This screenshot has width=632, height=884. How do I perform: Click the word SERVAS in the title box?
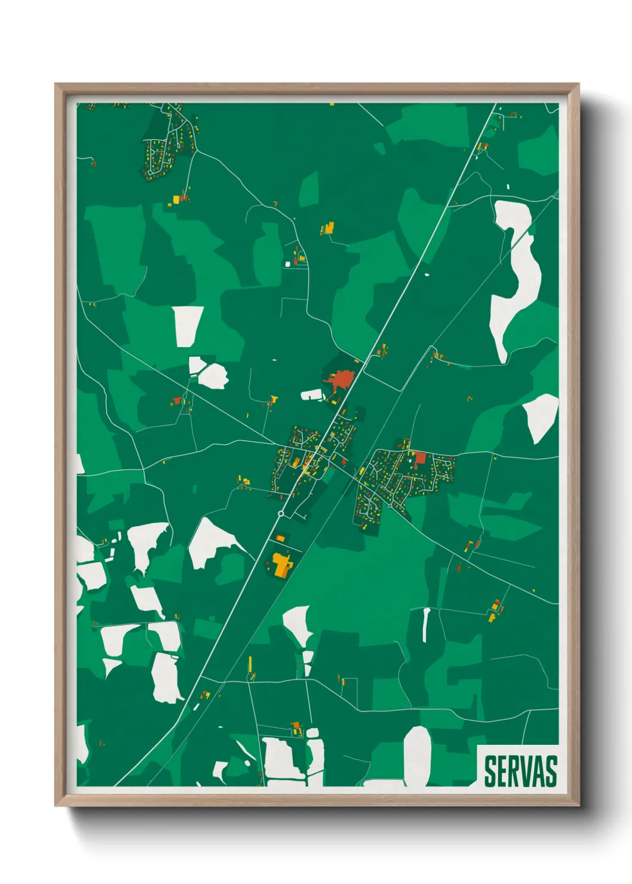520,772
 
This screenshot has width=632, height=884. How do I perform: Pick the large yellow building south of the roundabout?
281,564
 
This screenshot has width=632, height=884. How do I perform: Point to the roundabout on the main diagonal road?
281,514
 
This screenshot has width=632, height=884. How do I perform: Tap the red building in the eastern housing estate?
420,459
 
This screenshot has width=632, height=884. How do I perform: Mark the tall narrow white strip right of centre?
426,624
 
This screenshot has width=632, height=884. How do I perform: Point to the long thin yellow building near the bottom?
250,664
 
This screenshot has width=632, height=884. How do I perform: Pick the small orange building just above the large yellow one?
280,539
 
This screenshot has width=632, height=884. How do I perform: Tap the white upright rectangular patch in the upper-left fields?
188,326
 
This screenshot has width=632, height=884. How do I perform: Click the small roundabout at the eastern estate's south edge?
390,506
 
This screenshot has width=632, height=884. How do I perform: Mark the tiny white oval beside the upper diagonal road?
427,275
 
